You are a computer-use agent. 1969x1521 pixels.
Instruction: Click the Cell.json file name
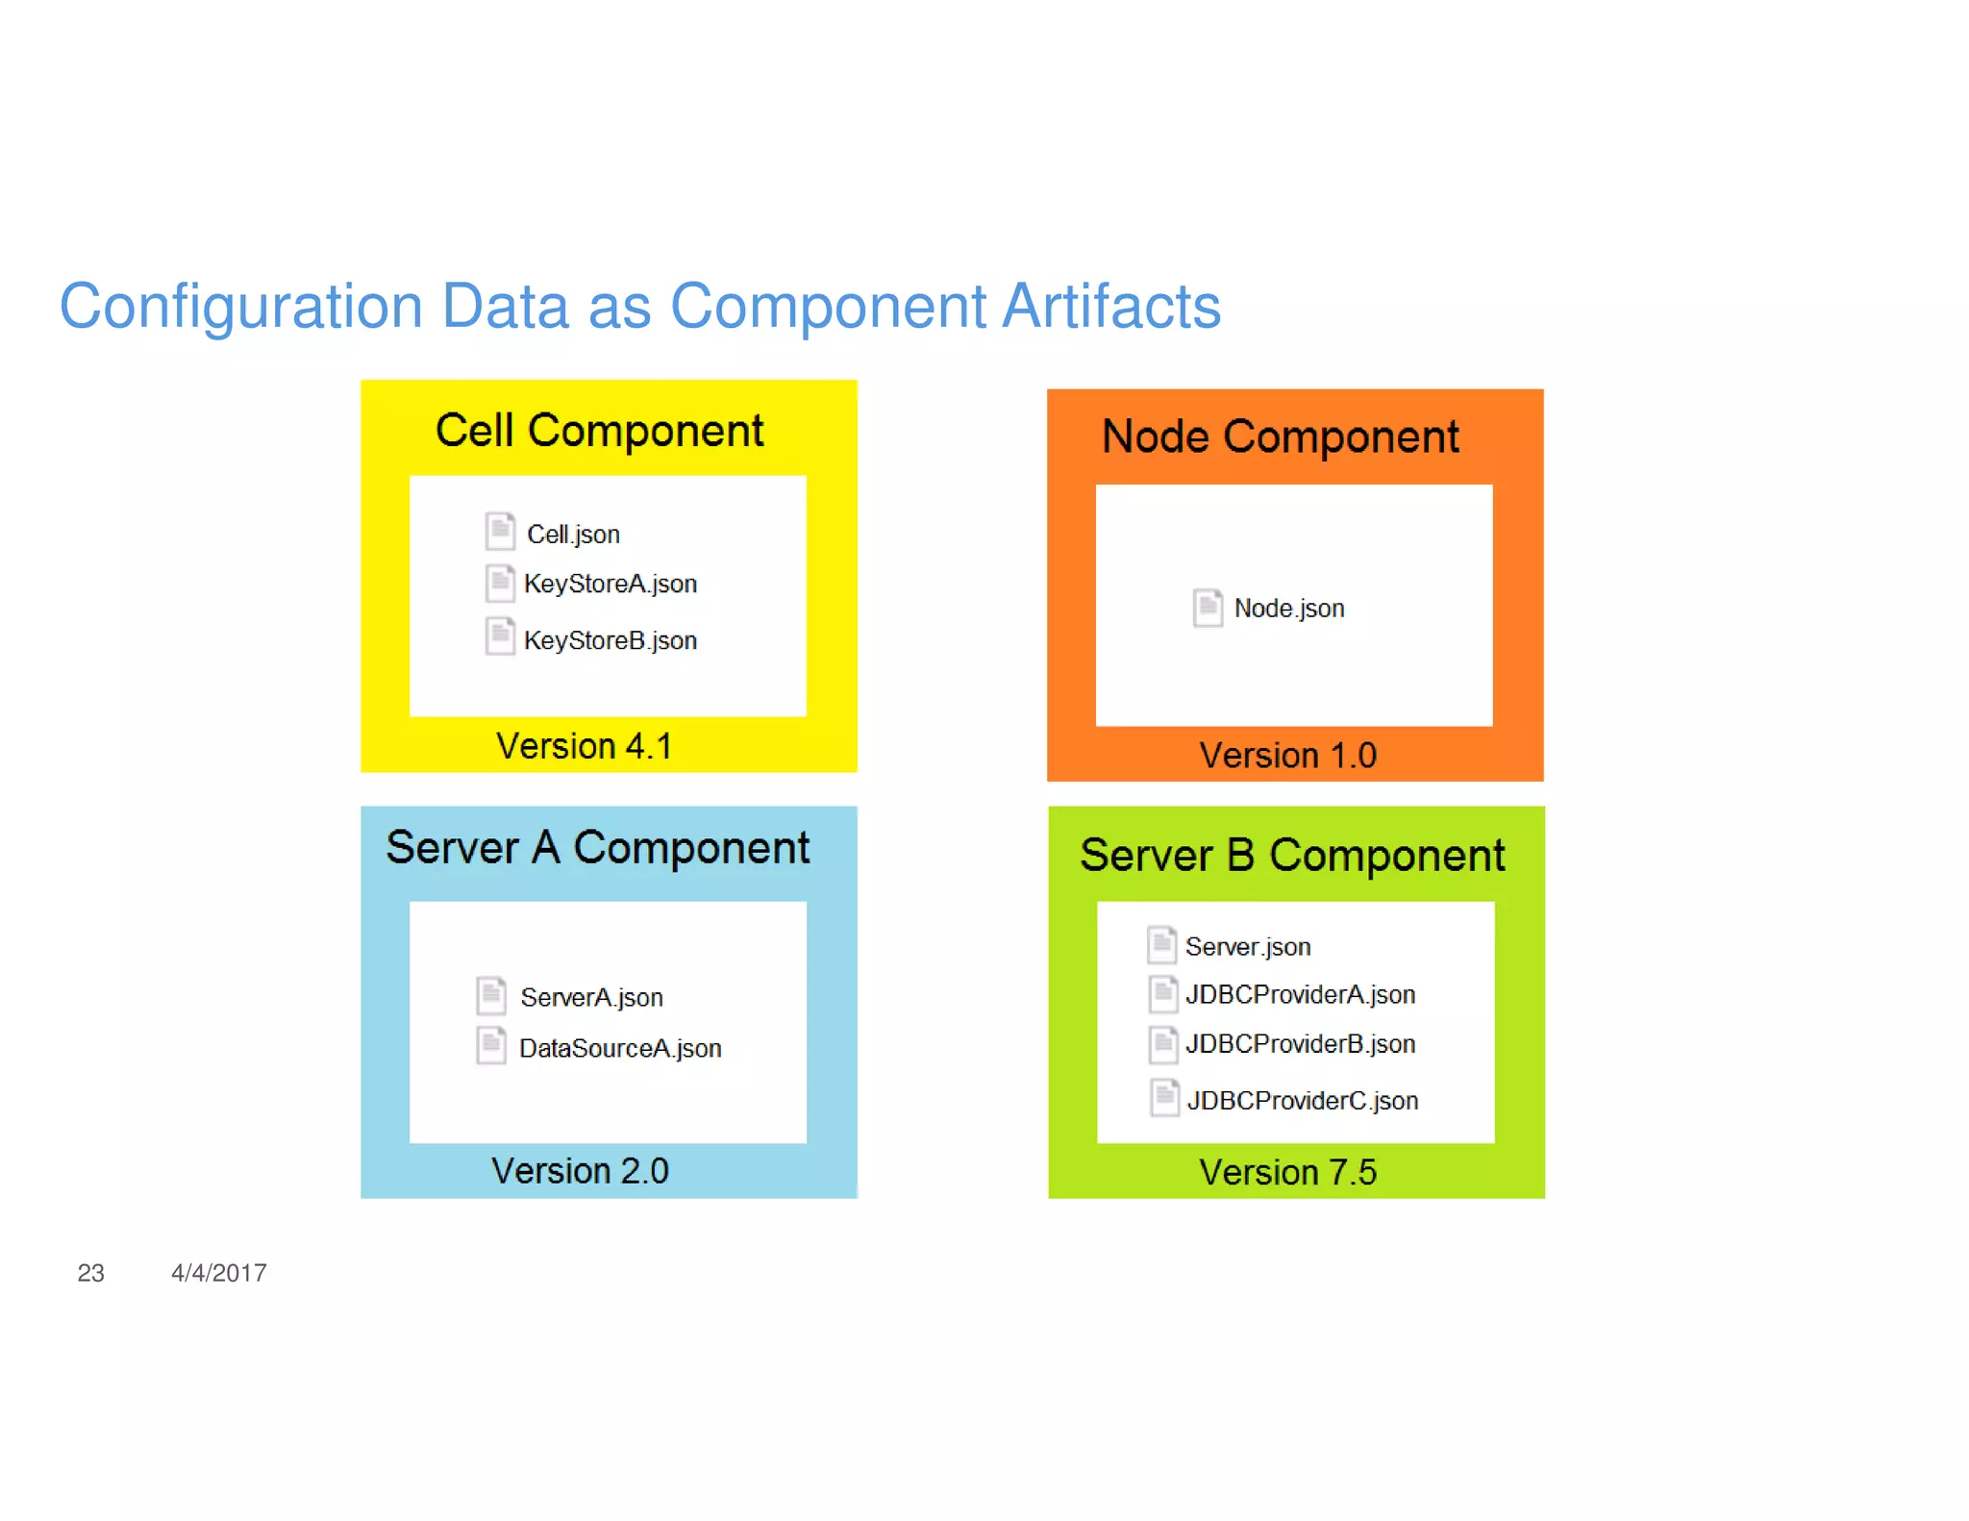tap(573, 534)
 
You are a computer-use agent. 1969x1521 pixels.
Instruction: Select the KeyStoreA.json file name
tap(611, 584)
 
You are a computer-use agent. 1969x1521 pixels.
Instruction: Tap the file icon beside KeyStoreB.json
tap(500, 636)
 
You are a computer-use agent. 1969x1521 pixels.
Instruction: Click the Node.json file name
tap(1288, 608)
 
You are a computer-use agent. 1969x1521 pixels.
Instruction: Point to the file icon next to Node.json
tap(1208, 607)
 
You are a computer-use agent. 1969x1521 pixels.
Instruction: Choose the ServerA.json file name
tap(591, 997)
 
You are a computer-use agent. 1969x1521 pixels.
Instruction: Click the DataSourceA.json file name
tap(620, 1048)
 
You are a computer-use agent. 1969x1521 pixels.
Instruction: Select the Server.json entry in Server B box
tap(1248, 947)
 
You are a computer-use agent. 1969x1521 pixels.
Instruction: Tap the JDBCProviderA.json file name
tap(1300, 994)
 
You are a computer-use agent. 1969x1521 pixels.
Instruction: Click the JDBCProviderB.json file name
tap(1300, 1044)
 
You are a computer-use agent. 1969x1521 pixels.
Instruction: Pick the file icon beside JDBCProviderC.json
tap(1164, 1097)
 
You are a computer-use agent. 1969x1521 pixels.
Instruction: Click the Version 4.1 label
tap(584, 746)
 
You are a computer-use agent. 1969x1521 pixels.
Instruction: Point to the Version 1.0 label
tap(1287, 756)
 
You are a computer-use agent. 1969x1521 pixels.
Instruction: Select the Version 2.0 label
tap(580, 1171)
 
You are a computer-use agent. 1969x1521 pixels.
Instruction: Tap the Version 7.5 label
tap(1287, 1173)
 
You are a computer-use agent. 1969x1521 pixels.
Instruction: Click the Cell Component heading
tap(599, 431)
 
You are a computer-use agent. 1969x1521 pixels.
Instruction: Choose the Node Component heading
tap(1280, 437)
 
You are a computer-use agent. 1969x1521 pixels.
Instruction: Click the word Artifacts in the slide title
tap(1111, 307)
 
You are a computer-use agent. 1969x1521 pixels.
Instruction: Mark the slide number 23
tap(90, 1273)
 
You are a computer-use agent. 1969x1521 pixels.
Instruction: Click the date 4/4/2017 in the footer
tap(218, 1273)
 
